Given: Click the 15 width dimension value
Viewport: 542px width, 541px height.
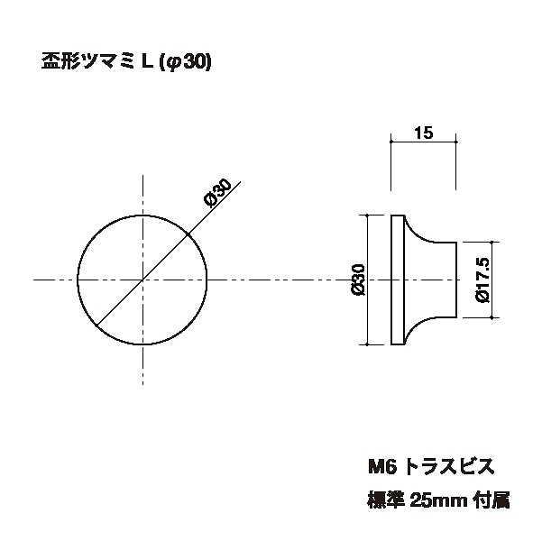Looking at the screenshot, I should (424, 133).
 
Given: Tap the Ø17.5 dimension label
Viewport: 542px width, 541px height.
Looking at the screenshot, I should (481, 280).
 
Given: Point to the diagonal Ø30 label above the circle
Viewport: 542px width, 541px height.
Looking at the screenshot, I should (219, 195).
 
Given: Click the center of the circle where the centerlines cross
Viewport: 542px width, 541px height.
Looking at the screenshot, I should (143, 280).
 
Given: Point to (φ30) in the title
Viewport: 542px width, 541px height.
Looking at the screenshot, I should (184, 62).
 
